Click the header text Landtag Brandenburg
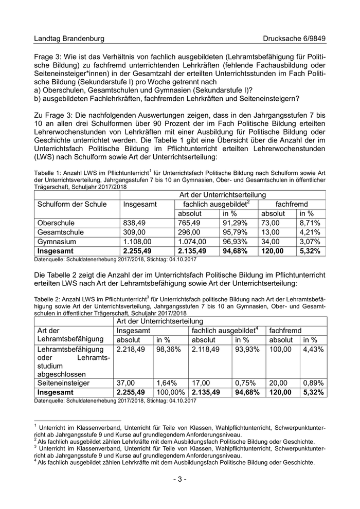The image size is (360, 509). pos(69,39)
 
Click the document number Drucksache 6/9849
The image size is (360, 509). pos(294,39)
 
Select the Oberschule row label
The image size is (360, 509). pos(56,223)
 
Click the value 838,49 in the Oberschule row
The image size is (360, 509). pos(136,223)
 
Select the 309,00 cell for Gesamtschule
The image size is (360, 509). pos(136,232)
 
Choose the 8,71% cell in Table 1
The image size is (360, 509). pos(310,223)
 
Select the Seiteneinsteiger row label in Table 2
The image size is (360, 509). pos(63,383)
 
